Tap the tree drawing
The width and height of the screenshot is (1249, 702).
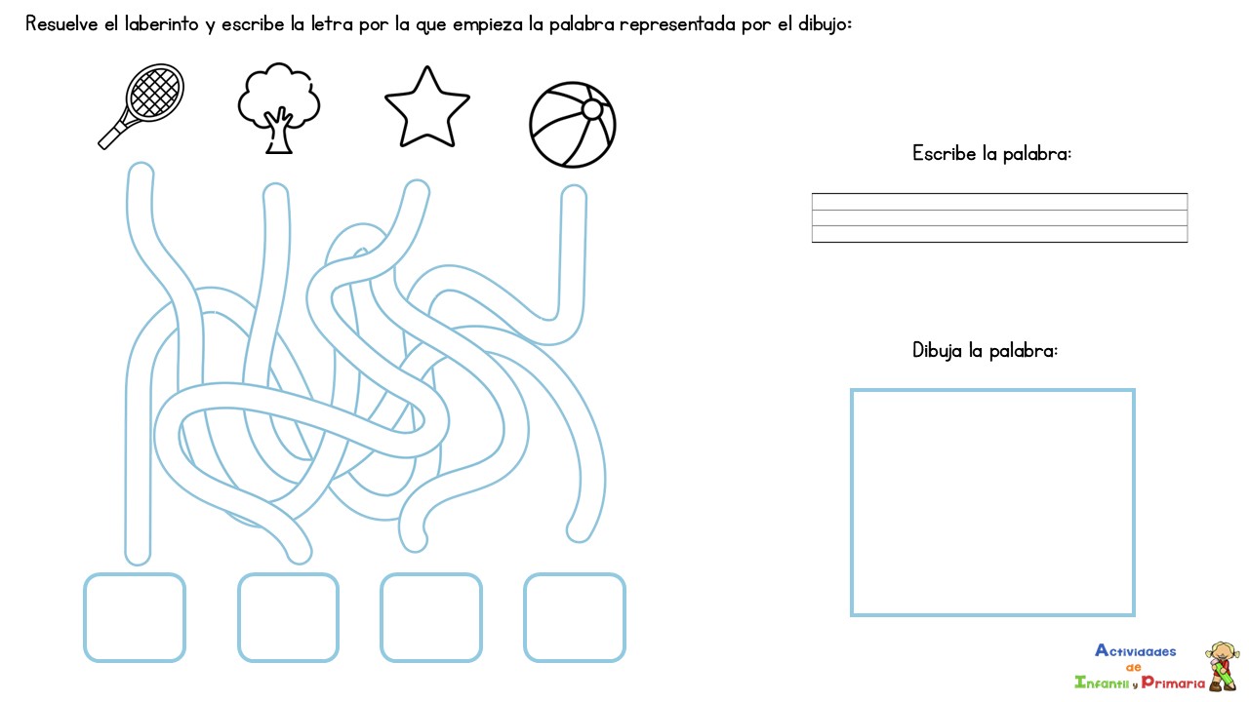(279, 105)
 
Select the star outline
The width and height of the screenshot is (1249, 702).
(426, 107)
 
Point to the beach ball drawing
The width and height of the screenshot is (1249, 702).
(573, 125)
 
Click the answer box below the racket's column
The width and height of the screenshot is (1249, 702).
(134, 617)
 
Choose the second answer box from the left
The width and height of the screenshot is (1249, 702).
(288, 617)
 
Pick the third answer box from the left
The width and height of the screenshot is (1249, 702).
(430, 617)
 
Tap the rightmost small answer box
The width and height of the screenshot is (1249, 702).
(574, 617)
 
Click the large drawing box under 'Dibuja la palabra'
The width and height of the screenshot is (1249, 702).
(992, 502)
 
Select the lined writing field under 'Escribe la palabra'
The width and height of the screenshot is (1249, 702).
(999, 217)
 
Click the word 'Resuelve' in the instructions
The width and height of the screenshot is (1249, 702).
(60, 24)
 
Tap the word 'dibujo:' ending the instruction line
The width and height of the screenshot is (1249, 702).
(823, 24)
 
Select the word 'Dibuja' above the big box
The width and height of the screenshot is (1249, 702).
(937, 350)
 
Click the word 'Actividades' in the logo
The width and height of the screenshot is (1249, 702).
(1135, 651)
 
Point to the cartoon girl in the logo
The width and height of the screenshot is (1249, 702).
(1221, 665)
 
